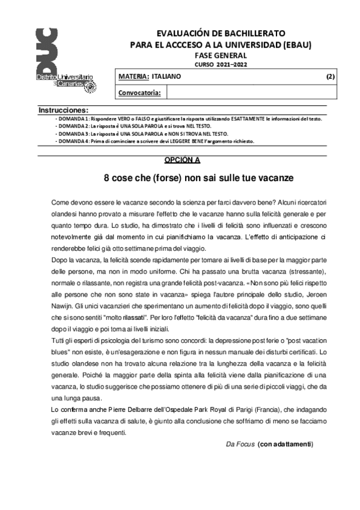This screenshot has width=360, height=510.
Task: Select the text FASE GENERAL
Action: pos(221,55)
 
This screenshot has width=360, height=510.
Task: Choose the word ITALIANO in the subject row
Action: pos(166,77)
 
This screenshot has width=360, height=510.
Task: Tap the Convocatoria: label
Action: pos(139,93)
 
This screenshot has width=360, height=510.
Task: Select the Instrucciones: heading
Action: pos(63,111)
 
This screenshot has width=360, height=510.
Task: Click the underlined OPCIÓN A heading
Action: pos(182,160)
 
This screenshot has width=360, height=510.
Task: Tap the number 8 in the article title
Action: pos(107,178)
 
